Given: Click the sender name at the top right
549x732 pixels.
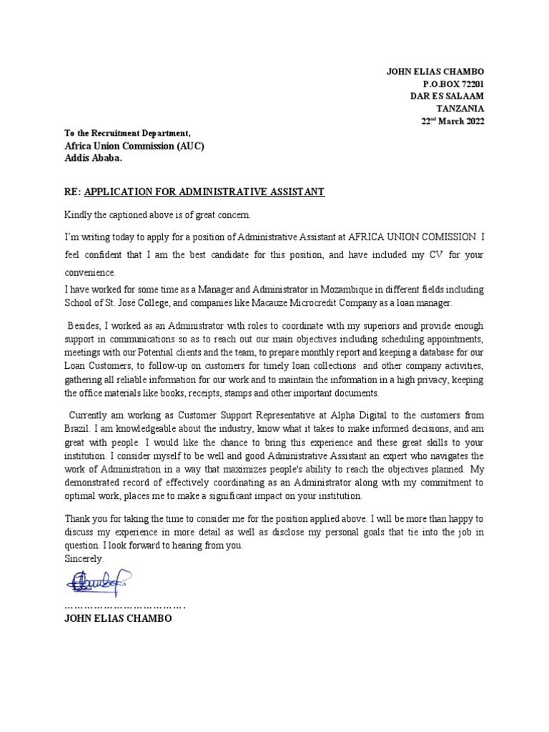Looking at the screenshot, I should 435,71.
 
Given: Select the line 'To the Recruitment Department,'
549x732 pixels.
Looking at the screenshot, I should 127,134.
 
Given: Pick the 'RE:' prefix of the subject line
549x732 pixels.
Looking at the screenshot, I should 73,192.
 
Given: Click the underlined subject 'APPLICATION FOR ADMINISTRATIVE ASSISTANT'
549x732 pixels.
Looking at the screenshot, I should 204,192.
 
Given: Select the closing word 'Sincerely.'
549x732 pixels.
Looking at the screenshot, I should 84,560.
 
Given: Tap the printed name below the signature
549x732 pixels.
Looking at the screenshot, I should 118,618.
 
